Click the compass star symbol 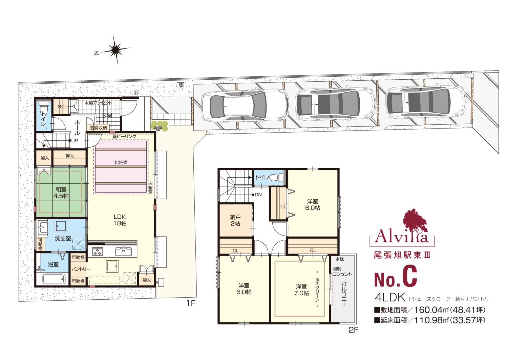click(x=117, y=49)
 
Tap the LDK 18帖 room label click(x=120, y=220)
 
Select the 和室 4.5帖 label click(x=61, y=193)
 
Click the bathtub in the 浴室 click(x=54, y=279)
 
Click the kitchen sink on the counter click(x=123, y=252)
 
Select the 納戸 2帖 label click(x=235, y=220)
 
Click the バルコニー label click(x=344, y=294)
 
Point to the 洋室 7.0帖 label click(x=301, y=289)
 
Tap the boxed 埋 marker click(x=181, y=85)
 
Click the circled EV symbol click(x=136, y=92)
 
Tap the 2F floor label click(x=353, y=330)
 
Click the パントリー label click(x=81, y=269)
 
